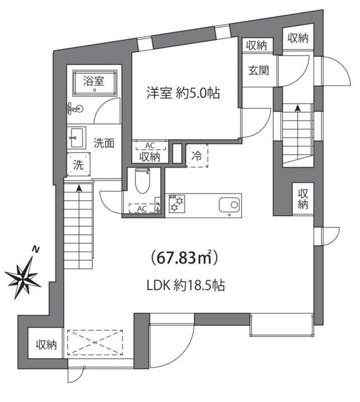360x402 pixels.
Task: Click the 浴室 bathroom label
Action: click(93, 80)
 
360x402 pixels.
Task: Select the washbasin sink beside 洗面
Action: click(77, 137)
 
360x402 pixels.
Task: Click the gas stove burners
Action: click(177, 203)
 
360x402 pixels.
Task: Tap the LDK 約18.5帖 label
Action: click(187, 285)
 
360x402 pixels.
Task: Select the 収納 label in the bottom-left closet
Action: click(46, 344)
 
